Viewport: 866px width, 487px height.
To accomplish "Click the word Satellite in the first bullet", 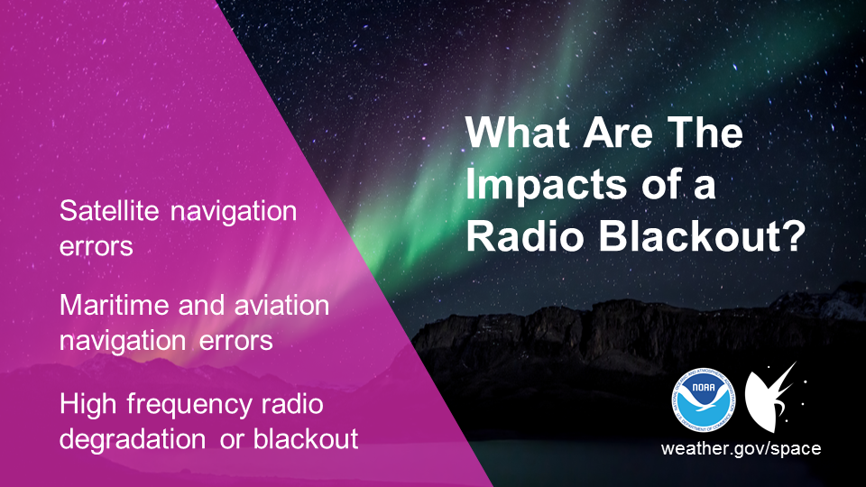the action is pos(109,211).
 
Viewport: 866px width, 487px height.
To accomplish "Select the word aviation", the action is pos(281,305).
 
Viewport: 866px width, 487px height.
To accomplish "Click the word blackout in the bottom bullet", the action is pos(306,439).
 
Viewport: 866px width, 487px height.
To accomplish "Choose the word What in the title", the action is pos(518,133).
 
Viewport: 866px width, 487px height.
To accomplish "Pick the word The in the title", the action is pos(705,133).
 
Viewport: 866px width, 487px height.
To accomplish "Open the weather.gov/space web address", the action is pos(741,448).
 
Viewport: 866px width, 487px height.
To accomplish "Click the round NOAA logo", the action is pos(704,400).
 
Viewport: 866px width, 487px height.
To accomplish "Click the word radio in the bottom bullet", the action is pos(292,404).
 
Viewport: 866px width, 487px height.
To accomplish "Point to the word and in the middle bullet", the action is pos(202,305).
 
